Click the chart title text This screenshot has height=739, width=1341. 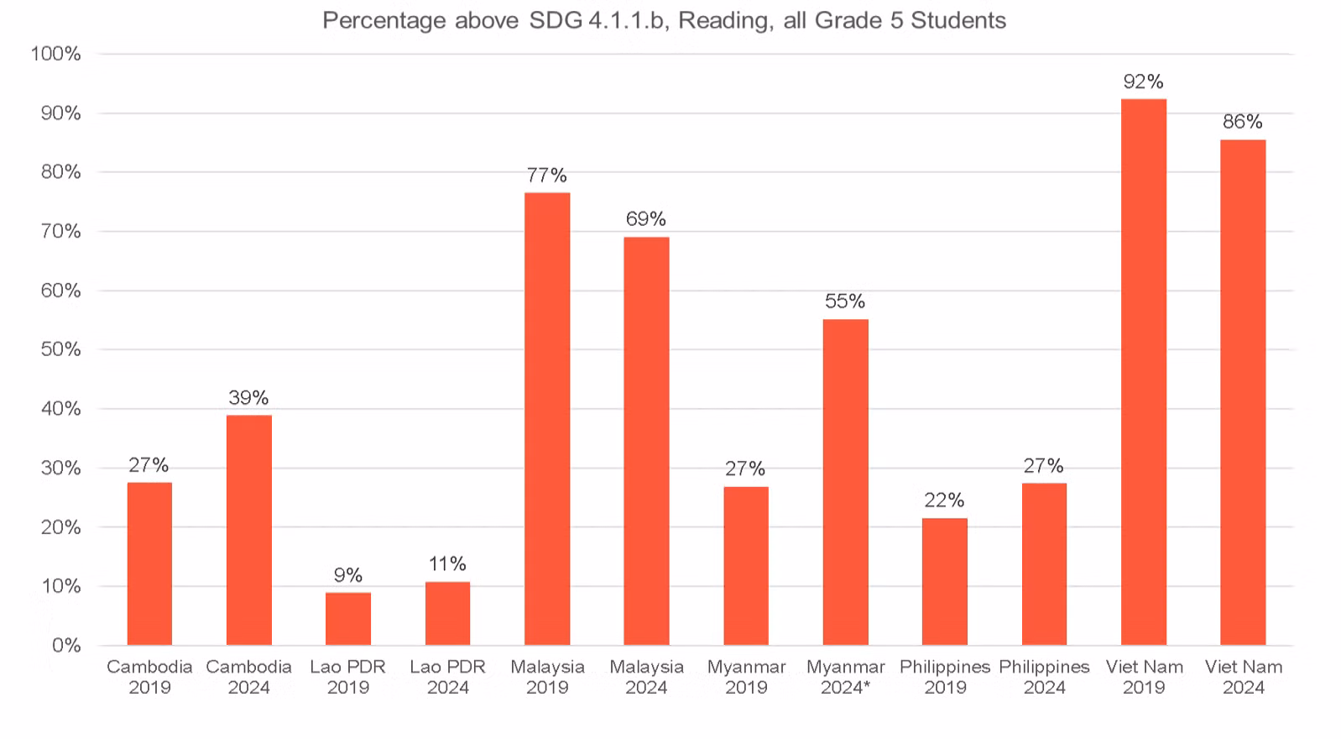(664, 21)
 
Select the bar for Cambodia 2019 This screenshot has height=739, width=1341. (149, 563)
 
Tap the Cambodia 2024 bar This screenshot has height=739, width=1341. (249, 530)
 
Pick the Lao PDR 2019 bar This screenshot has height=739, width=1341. (348, 619)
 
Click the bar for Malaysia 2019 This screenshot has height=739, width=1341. (547, 418)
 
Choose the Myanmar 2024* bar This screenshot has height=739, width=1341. (845, 482)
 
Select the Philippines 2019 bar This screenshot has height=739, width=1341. (945, 581)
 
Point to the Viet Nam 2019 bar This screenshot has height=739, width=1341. (1144, 372)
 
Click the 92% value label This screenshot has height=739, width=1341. (1144, 81)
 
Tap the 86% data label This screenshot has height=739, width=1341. (1243, 122)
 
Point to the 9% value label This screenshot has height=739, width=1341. (348, 575)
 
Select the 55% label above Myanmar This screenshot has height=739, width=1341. (845, 301)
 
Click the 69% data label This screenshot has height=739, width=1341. (646, 218)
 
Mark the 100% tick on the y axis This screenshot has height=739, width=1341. (55, 54)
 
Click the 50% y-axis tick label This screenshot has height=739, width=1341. (61, 349)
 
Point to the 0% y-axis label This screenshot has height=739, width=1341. (66, 645)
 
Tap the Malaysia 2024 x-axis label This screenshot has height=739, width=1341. (646, 677)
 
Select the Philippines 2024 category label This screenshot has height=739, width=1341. (1044, 677)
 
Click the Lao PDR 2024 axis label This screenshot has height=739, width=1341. (448, 677)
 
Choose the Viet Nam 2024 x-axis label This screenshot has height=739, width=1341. (1244, 677)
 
